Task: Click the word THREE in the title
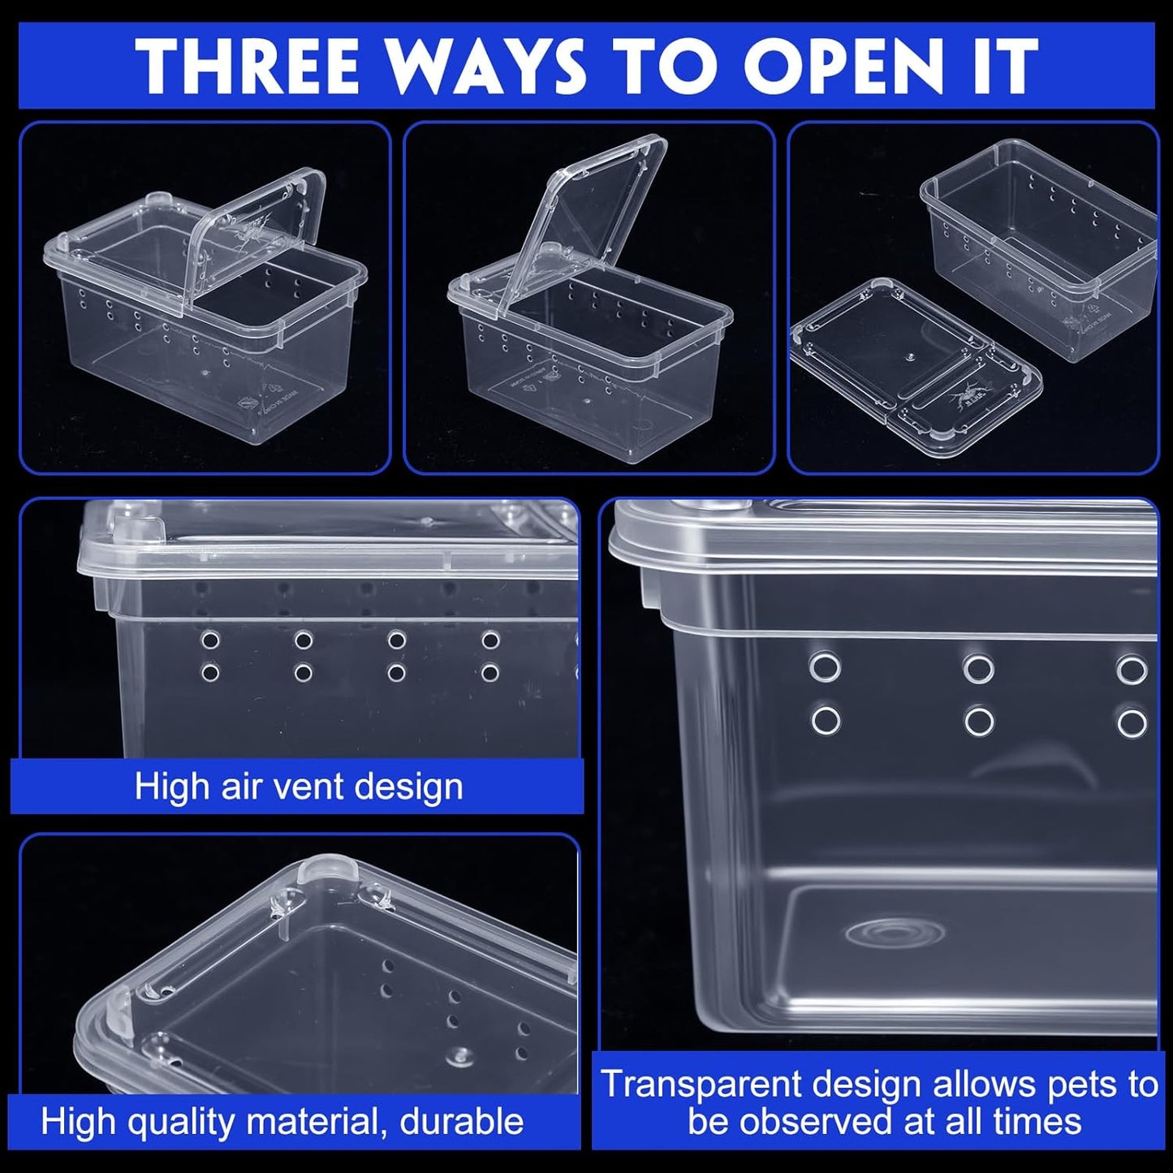pyautogui.click(x=248, y=66)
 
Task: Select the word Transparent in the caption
pyautogui.click(x=700, y=1085)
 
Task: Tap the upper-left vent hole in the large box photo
pyautogui.click(x=825, y=667)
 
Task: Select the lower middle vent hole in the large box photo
pyautogui.click(x=978, y=721)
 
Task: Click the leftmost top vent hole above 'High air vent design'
pyautogui.click(x=210, y=640)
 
